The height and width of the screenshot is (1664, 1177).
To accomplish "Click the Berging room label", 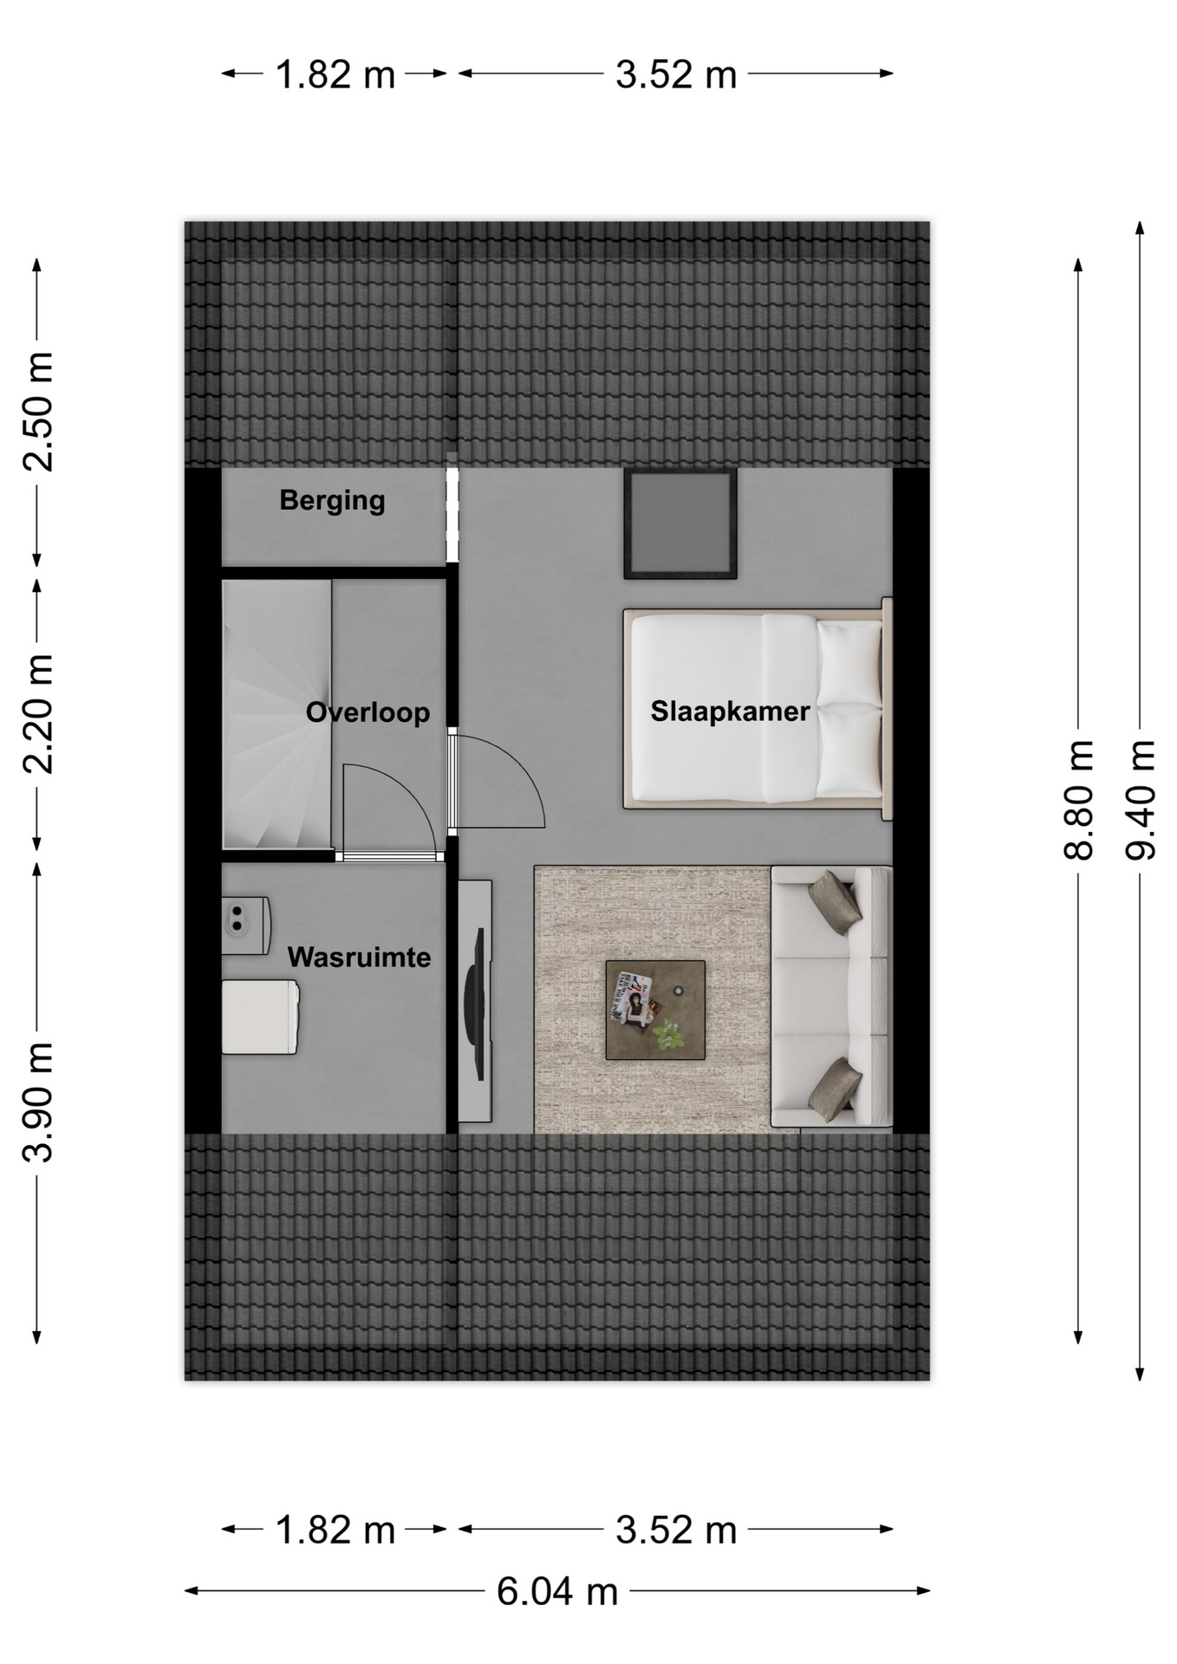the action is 332,501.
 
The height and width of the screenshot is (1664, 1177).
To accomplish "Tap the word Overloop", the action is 367,712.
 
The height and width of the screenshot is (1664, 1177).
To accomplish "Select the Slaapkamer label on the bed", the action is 730,712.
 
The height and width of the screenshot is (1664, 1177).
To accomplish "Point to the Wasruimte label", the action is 359,957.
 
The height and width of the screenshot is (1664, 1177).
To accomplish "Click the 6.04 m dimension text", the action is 557,1591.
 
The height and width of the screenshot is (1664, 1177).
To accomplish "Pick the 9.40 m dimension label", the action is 1141,800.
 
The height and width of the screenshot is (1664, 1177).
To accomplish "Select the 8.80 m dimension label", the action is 1079,800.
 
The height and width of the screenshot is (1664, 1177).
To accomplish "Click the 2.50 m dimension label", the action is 38,412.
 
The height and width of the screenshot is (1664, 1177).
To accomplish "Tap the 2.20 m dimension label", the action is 38,713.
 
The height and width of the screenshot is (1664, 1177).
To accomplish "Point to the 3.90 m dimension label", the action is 38,1102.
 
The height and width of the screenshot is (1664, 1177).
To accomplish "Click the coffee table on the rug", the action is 655,1010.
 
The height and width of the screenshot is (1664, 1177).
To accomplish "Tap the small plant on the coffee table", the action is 668,1034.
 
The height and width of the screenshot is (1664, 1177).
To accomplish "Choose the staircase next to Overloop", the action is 276,714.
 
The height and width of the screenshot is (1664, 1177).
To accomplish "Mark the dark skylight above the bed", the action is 680,523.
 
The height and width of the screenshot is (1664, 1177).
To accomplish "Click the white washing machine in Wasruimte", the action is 260,1017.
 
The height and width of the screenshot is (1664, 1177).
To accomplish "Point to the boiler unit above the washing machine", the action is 246,926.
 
